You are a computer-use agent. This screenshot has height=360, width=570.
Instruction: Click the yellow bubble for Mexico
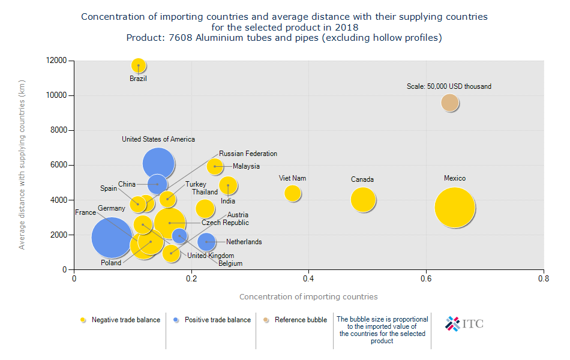(x=455, y=208)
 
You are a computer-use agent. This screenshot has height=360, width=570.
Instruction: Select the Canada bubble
(x=362, y=200)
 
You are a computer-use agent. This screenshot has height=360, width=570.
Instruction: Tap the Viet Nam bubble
(x=292, y=193)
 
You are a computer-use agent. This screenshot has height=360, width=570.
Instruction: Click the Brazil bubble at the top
(x=139, y=65)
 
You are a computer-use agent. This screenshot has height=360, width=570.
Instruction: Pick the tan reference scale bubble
(x=450, y=103)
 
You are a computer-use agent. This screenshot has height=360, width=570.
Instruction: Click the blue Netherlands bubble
(x=206, y=242)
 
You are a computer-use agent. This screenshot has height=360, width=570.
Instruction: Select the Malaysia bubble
(x=215, y=166)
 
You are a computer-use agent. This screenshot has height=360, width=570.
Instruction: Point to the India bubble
(x=228, y=185)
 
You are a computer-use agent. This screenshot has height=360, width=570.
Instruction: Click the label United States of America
(x=158, y=139)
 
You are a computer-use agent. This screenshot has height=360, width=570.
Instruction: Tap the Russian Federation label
(x=248, y=154)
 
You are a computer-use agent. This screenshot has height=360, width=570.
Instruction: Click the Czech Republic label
(x=225, y=223)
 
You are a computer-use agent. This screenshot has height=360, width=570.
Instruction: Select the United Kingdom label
(x=211, y=256)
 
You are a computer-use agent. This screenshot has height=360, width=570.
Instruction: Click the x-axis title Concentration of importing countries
(x=308, y=296)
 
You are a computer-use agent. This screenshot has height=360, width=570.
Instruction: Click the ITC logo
(x=464, y=324)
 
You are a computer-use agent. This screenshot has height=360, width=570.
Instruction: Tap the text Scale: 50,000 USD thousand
(x=449, y=86)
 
